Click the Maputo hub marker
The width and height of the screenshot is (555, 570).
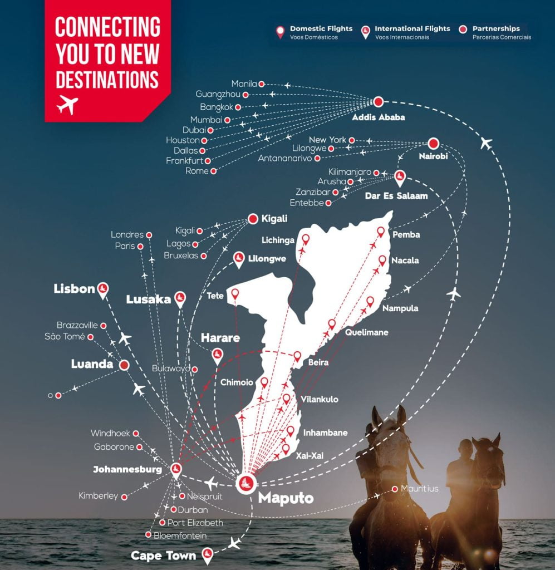click(x=246, y=482)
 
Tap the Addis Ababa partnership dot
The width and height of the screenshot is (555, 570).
click(x=379, y=101)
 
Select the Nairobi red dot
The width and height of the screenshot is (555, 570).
click(x=434, y=143)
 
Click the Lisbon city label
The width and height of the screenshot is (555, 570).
click(x=74, y=288)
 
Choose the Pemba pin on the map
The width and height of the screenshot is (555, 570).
click(x=381, y=232)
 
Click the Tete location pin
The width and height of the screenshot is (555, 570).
click(x=234, y=293)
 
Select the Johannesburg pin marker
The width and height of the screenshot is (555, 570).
click(x=176, y=469)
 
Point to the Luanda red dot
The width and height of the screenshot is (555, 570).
click(x=124, y=365)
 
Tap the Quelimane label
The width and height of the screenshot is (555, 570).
click(x=366, y=332)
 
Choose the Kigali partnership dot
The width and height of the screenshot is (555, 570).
click(x=253, y=219)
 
